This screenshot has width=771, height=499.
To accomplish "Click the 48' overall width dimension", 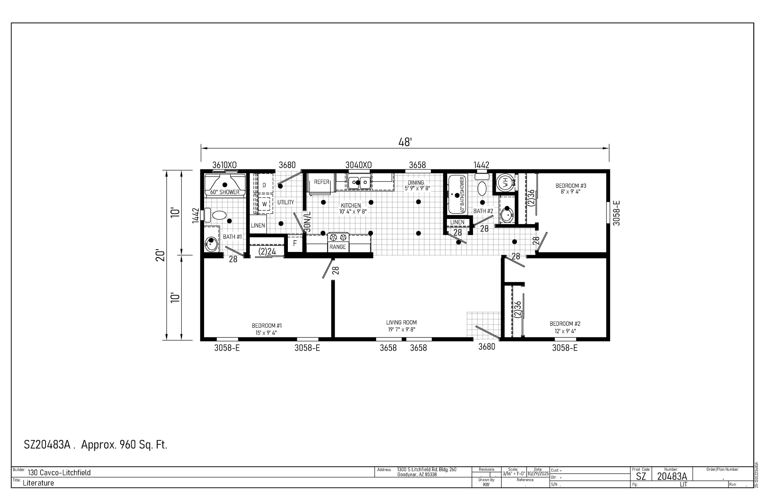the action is [x=405, y=142].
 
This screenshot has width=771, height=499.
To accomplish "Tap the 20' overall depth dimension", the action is [x=160, y=255].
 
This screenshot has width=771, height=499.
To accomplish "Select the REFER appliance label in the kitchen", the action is [x=321, y=182].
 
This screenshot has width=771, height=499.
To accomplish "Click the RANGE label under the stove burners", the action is [x=338, y=247].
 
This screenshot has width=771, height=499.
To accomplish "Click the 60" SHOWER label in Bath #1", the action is [x=225, y=192].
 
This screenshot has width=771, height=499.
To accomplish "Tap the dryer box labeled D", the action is [x=265, y=185].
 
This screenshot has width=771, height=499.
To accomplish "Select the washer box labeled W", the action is [x=264, y=204].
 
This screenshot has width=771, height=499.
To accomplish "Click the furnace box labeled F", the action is [x=295, y=243].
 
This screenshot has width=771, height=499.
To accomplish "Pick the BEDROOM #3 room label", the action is [x=571, y=186].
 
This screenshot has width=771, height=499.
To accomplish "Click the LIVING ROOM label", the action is [x=401, y=322].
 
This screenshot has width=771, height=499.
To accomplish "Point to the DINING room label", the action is [x=416, y=182].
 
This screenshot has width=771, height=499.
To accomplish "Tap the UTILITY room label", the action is [x=286, y=202].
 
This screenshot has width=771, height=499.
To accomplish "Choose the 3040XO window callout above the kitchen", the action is [x=359, y=165].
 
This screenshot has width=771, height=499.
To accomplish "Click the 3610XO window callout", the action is [x=225, y=165].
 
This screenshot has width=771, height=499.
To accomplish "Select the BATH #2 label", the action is [x=483, y=211].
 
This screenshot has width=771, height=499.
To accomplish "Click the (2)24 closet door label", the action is [x=267, y=251].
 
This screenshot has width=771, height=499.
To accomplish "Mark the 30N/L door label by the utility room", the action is [x=308, y=222].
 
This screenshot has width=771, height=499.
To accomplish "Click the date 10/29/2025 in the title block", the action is [x=538, y=473].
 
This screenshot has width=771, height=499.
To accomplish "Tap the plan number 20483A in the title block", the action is [x=672, y=476].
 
